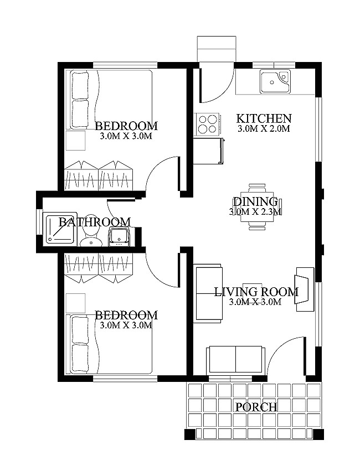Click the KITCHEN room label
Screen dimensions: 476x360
coord(264,118)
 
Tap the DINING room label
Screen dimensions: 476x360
coord(255,201)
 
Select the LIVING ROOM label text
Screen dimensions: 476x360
coord(256,292)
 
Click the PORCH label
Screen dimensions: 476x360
coord(256,407)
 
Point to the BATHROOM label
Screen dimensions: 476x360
coord(95,222)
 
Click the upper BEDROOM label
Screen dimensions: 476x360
coord(126,126)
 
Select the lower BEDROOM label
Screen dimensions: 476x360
coord(126,315)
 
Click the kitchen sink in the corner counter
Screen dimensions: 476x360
coord(274,81)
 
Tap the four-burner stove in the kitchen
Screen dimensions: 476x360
coord(207,123)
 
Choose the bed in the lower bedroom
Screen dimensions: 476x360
coord(111,343)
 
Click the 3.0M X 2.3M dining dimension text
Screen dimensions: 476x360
coord(255,211)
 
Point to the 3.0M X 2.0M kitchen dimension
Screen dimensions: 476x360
coord(264,128)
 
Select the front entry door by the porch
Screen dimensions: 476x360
coord(288,357)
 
